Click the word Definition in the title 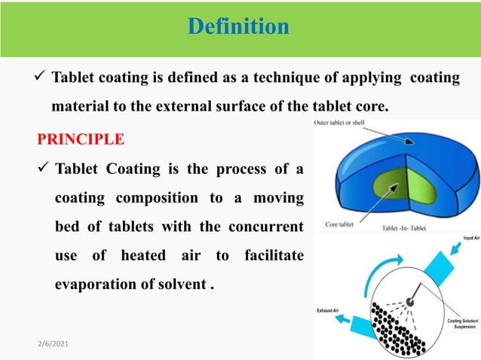pos(237,27)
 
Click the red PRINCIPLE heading pos(81,139)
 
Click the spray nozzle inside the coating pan pos(409,301)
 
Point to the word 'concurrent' pos(265,227)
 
